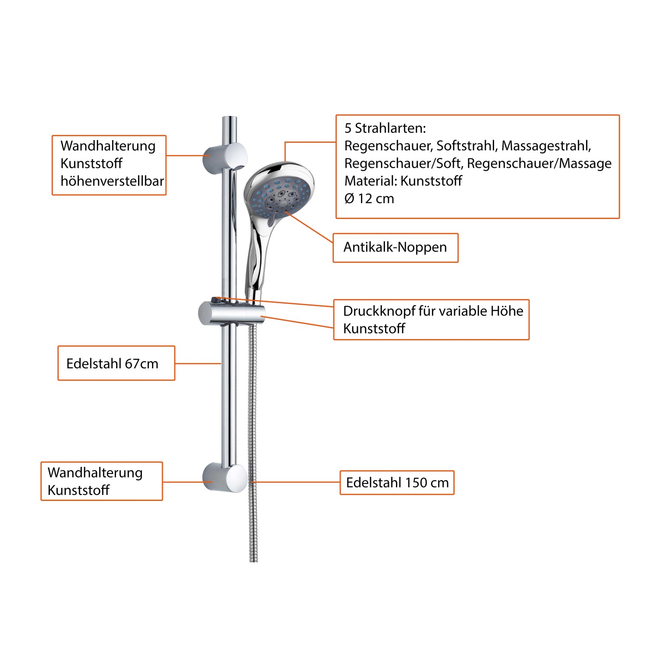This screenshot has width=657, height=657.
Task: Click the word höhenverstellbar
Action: [x=112, y=181]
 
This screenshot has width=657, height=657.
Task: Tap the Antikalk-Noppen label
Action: [x=395, y=247]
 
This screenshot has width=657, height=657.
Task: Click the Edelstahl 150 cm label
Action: [x=397, y=483]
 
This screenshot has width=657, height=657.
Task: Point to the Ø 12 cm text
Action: [x=369, y=199]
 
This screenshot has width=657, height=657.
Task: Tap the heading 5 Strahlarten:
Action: [x=385, y=128]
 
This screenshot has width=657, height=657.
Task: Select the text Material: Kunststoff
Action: [x=403, y=181]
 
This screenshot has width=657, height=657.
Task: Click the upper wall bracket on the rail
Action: [x=225, y=156]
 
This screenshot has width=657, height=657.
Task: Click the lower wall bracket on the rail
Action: [x=225, y=477]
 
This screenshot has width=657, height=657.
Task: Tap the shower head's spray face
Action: [x=281, y=195]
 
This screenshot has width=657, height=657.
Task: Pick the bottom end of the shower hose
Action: [x=254, y=561]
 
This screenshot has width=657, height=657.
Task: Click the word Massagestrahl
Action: [x=546, y=146]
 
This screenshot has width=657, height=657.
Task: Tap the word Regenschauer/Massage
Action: [x=539, y=163]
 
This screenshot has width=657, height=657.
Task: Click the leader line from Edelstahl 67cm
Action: [x=198, y=363]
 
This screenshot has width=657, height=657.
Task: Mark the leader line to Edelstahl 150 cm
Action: [x=297, y=482]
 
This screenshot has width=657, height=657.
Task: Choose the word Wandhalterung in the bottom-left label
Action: [x=95, y=473]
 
